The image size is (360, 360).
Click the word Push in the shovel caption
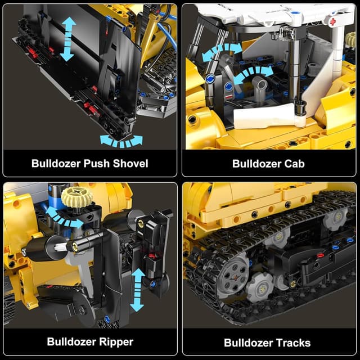click(x=96, y=164)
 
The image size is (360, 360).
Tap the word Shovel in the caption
click(x=130, y=164)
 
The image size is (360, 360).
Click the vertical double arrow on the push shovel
click(x=67, y=39)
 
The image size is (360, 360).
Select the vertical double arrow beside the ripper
click(x=137, y=290)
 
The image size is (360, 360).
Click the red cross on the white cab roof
click(x=332, y=22)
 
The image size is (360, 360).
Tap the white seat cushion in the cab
click(x=266, y=116)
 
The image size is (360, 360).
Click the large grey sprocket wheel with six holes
click(x=234, y=275)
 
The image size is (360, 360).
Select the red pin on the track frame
click(x=320, y=255)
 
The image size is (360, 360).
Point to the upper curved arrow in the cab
click(x=222, y=51)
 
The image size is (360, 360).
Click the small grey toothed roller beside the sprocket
click(x=259, y=286)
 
